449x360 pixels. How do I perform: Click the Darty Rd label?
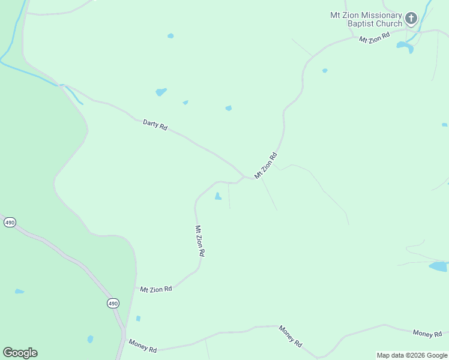(x=155, y=124)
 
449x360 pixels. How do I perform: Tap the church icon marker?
(x=411, y=19)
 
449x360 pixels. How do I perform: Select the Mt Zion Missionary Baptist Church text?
(x=366, y=19)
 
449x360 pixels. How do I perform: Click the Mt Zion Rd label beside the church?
(x=375, y=38)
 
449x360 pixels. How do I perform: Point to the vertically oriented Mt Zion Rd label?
(x=200, y=241)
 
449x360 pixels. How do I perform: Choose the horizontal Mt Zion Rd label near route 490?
(x=156, y=289)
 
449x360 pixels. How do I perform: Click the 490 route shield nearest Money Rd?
(x=113, y=304)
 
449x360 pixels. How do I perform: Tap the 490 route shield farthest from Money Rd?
(x=10, y=222)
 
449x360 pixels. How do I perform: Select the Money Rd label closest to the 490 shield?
(x=143, y=345)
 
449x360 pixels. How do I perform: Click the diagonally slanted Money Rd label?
(x=290, y=336)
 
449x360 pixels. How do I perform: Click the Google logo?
(x=20, y=353)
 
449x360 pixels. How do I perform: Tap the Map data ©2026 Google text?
(x=412, y=355)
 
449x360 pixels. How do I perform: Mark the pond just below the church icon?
(x=405, y=46)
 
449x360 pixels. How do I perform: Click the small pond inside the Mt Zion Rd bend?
(x=218, y=196)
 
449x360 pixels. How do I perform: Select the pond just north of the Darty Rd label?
(x=161, y=92)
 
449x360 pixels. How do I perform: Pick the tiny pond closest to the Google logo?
(x=19, y=292)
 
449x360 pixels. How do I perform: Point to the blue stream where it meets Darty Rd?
(x=62, y=86)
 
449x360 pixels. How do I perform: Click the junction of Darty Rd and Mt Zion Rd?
(x=244, y=177)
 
